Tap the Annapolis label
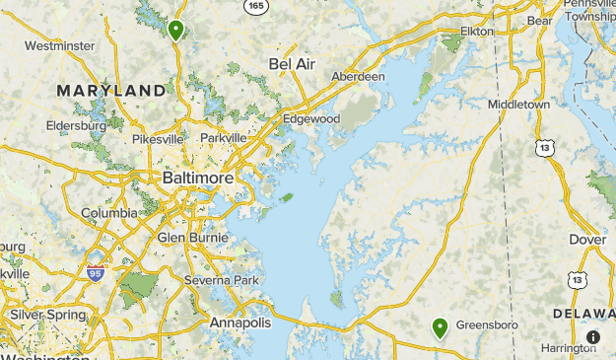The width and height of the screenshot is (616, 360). (x=240, y=324)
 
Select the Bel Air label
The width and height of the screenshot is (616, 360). (x=292, y=64)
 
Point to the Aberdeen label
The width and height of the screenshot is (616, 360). (x=359, y=77)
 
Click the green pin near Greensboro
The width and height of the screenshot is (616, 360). (x=440, y=328)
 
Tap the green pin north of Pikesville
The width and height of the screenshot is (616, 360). (x=175, y=30)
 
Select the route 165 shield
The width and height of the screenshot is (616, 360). (x=257, y=6)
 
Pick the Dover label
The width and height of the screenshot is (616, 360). (x=588, y=240)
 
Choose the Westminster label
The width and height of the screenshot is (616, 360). (x=59, y=45)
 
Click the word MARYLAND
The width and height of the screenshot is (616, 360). (x=110, y=91)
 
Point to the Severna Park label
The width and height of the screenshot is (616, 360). (x=221, y=281)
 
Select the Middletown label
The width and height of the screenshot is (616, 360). (x=518, y=104)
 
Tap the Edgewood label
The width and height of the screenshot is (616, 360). (x=311, y=119)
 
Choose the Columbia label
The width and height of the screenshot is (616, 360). (x=109, y=213)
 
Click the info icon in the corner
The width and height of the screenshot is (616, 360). (x=592, y=337)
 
